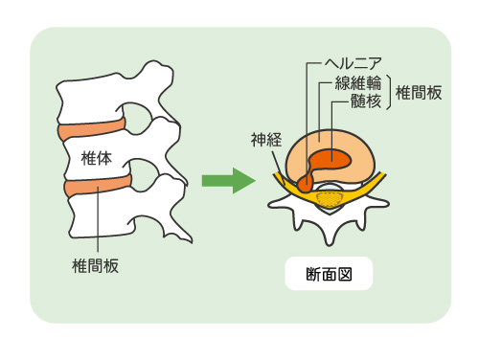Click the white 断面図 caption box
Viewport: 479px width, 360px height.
pos(328,275)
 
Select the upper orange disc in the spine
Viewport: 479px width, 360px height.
pos(91,128)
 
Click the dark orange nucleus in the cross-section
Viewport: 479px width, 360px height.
pos(335,157)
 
